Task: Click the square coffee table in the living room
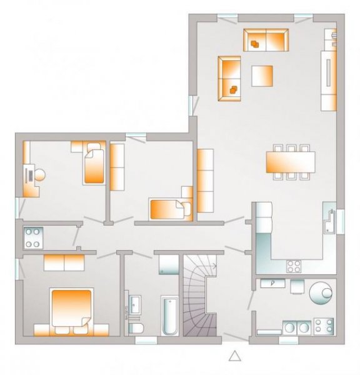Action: (x=262, y=76)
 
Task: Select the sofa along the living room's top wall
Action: (x=266, y=39)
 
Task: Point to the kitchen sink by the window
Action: (x=328, y=219)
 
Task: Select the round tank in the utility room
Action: (x=323, y=292)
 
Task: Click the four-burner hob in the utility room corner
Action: (x=323, y=326)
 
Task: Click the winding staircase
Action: (x=201, y=300)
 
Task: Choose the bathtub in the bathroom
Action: (x=169, y=316)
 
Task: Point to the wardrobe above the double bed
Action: (x=64, y=262)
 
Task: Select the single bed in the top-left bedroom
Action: (x=94, y=164)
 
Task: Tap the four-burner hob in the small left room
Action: (x=32, y=237)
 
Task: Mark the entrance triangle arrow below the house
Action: (x=235, y=356)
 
